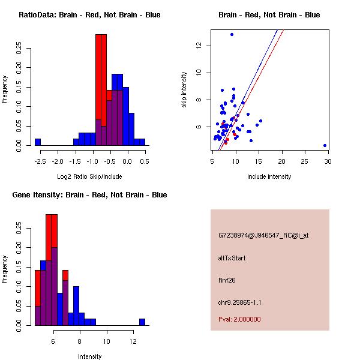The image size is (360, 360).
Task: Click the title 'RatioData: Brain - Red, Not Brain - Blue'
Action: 89,15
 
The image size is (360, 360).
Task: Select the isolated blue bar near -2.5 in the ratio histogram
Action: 38,142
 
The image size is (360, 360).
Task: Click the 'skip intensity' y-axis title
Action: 185,90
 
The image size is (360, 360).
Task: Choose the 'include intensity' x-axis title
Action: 269,176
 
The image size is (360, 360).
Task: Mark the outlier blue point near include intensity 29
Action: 325,145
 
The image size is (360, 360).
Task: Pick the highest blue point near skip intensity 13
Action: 232,34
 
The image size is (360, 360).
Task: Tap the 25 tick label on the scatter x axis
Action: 305,161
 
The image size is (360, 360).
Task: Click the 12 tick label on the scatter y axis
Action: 205,46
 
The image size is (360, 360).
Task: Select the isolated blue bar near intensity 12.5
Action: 142,322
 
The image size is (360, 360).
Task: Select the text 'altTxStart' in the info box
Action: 232,258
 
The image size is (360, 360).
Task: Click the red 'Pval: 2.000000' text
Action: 239,319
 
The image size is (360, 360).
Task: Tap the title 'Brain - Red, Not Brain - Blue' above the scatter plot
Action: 269,15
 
